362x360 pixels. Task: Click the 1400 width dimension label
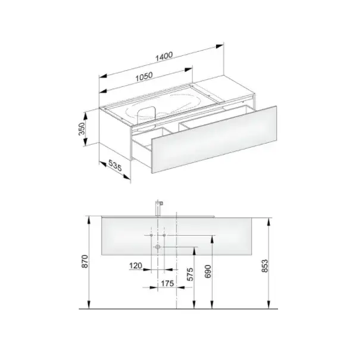[164, 57]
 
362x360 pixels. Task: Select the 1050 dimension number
[144, 77]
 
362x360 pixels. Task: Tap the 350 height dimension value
[82, 129]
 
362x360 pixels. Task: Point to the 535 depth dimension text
[115, 165]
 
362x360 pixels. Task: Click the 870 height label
[85, 261]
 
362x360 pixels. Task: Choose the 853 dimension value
[265, 266]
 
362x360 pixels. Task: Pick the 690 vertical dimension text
[208, 271]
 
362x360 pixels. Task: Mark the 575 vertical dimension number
[190, 274]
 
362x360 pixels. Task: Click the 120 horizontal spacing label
[136, 265]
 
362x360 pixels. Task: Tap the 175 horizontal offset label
[167, 283]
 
